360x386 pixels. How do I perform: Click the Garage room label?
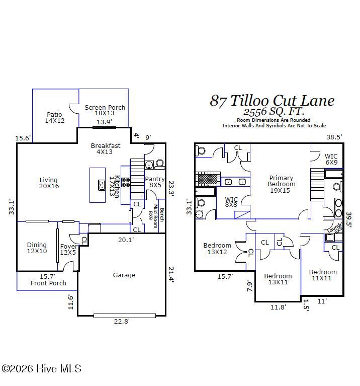tap(124, 275)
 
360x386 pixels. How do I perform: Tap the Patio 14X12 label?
tap(55, 118)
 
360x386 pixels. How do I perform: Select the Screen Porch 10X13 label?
tap(105, 110)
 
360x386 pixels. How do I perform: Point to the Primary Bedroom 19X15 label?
tap(281, 184)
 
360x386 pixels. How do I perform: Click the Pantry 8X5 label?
tap(154, 182)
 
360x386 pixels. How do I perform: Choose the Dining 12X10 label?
tap(37, 248)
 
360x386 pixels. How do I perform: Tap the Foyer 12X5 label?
tap(68, 249)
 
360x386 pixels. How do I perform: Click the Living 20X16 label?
tap(49, 183)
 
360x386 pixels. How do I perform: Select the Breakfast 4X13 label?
tap(106, 149)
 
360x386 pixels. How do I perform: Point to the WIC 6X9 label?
tap(331, 160)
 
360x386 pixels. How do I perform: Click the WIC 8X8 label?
tap(231, 202)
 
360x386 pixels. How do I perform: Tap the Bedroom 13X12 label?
tap(217, 249)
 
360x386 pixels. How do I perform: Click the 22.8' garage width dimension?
tap(121, 322)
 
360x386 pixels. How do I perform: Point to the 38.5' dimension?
tap(333, 137)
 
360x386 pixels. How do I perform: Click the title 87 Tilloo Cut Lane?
tap(272, 101)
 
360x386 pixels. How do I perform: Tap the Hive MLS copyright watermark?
tap(41, 369)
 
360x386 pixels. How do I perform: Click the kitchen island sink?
tap(102, 185)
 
